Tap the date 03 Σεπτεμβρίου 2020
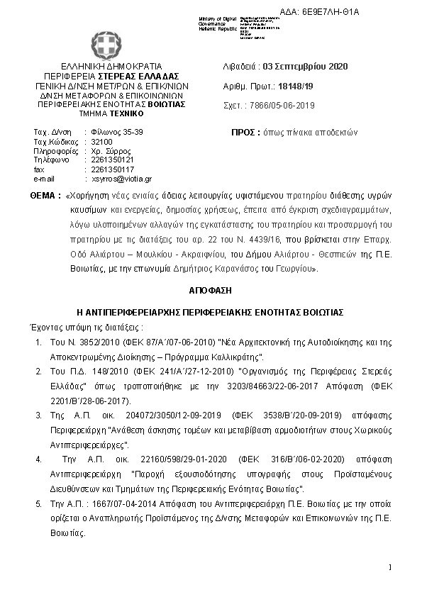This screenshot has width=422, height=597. pyautogui.click(x=305, y=67)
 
